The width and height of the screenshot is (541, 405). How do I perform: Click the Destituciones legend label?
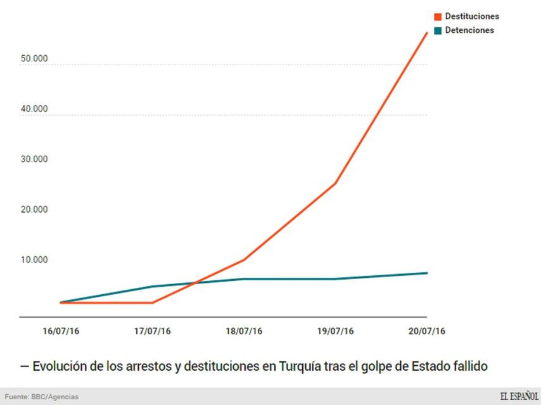click(471, 16)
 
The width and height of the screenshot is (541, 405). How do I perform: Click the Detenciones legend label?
click(469, 30)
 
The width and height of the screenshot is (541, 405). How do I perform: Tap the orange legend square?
click(438, 16)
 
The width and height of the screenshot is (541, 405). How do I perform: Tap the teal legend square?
click(438, 30)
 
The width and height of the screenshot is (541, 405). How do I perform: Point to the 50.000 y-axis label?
click(34, 58)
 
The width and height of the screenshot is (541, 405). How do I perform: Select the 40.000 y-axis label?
click(34, 109)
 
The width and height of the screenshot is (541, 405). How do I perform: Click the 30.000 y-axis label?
click(34, 159)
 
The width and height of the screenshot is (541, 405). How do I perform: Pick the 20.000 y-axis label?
click(34, 209)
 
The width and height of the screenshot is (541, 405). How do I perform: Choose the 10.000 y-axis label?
click(34, 259)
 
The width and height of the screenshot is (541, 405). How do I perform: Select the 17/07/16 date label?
click(152, 331)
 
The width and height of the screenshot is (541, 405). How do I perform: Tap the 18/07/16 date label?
click(244, 331)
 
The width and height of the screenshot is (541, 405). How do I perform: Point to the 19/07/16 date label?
click(335, 331)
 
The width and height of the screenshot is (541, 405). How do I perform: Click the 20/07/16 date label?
click(427, 331)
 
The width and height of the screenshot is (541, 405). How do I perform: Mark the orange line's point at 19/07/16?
click(335, 184)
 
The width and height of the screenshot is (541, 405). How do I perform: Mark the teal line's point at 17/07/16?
click(152, 287)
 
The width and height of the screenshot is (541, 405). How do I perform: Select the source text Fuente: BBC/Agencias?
click(42, 397)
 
